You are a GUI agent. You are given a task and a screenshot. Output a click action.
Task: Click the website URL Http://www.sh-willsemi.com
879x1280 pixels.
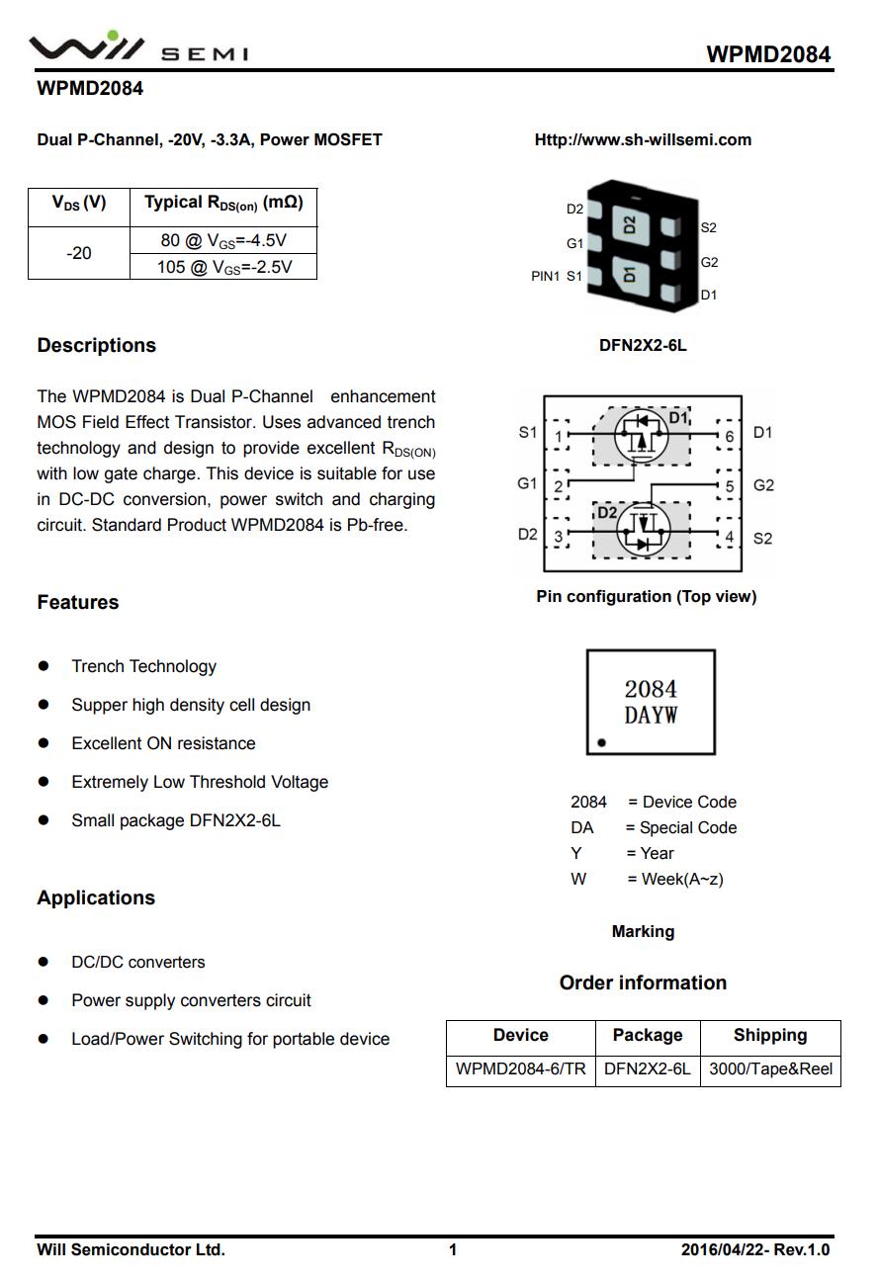pyautogui.click(x=643, y=139)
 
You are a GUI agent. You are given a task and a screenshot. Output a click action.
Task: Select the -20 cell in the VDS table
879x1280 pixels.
pyautogui.click(x=79, y=253)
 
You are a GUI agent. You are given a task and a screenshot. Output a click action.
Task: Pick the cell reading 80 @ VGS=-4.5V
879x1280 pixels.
pyautogui.click(x=223, y=240)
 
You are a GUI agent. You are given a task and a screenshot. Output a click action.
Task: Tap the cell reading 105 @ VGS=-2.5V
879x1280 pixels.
pyautogui.click(x=223, y=267)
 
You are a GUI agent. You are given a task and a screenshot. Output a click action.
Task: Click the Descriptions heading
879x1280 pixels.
pyautogui.click(x=96, y=345)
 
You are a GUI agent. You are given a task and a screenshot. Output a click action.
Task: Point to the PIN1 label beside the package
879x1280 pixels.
pyautogui.click(x=545, y=276)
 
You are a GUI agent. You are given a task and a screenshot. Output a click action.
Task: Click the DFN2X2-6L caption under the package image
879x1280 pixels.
pyautogui.click(x=643, y=345)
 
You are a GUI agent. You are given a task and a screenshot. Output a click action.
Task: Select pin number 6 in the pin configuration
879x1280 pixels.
pyautogui.click(x=729, y=436)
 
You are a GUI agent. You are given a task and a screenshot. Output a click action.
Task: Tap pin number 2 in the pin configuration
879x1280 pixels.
pyautogui.click(x=559, y=486)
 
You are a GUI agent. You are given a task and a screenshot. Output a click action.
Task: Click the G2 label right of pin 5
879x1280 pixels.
pyautogui.click(x=763, y=485)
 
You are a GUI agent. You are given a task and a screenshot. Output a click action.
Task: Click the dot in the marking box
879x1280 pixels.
pyautogui.click(x=601, y=742)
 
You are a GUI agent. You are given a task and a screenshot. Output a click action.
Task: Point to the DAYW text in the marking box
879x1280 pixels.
pyautogui.click(x=651, y=716)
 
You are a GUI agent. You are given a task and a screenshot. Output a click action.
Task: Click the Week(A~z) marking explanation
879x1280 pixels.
pyautogui.click(x=674, y=879)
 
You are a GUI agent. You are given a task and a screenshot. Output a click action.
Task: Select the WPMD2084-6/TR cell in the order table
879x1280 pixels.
pyautogui.click(x=520, y=1068)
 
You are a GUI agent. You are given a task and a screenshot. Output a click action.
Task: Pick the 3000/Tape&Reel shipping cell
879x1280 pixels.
pyautogui.click(x=770, y=1068)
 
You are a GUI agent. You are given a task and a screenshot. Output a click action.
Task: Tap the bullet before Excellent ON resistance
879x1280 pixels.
pyautogui.click(x=44, y=743)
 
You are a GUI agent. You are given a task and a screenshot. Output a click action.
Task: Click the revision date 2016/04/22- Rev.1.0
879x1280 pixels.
pyautogui.click(x=755, y=1249)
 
